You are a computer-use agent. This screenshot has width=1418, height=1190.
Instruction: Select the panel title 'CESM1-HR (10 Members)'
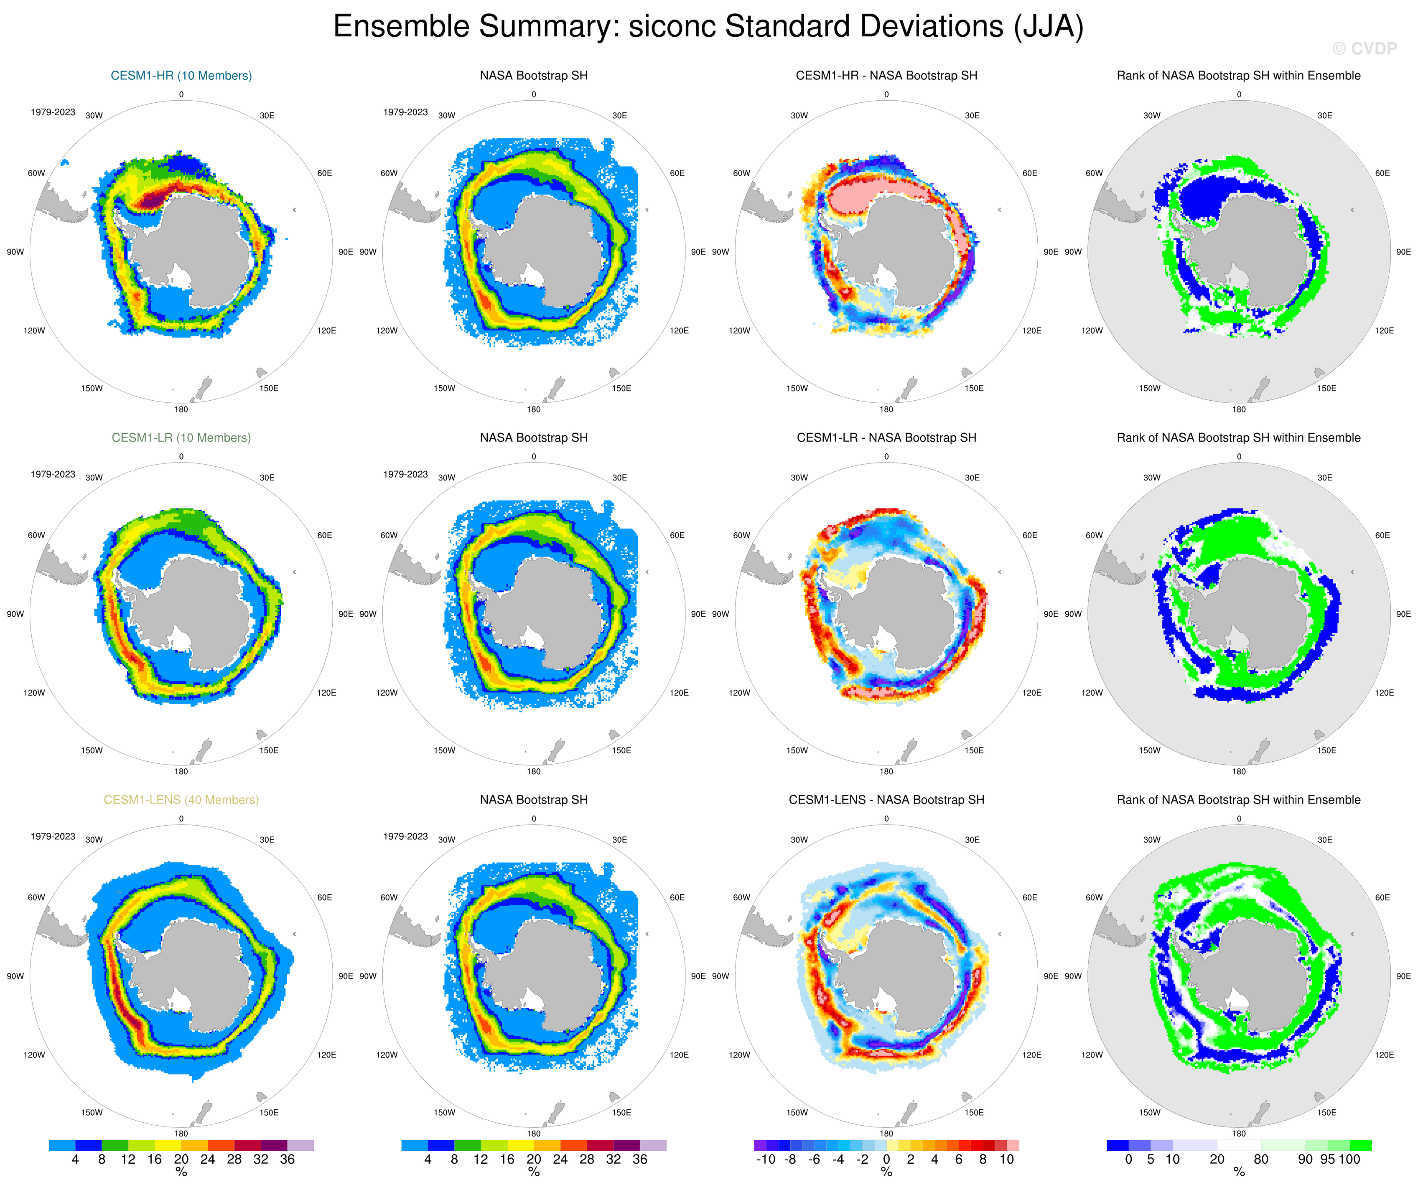click(181, 76)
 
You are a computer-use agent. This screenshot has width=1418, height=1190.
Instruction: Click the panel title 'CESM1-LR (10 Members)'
click(181, 437)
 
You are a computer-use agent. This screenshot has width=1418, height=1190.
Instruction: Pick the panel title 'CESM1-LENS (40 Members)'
click(181, 800)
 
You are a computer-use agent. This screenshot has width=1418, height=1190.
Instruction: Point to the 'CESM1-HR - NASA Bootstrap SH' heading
click(886, 76)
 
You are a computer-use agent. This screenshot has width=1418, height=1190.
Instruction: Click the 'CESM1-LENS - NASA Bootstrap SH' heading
click(886, 800)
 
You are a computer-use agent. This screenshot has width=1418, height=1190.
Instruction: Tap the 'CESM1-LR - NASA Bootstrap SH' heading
click(886, 437)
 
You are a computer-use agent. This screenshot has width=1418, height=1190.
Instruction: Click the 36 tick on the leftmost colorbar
click(287, 1159)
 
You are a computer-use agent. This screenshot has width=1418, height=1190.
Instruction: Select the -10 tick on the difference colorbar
click(765, 1159)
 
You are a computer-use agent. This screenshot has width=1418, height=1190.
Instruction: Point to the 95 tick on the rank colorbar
click(1327, 1159)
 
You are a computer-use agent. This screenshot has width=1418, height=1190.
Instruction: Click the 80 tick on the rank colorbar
click(1261, 1159)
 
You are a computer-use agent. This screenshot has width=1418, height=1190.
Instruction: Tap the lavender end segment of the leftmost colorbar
click(300, 1145)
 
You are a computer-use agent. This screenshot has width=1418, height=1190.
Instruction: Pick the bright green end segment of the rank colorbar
click(1361, 1145)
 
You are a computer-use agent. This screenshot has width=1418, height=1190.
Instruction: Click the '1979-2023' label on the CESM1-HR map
click(53, 112)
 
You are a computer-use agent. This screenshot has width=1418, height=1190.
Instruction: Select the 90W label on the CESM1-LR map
click(15, 614)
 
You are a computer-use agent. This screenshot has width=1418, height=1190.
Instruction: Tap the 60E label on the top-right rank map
click(1382, 173)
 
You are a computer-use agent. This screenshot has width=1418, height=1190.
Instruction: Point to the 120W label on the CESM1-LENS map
click(34, 1055)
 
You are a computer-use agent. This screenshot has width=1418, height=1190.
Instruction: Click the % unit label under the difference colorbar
click(886, 1172)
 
